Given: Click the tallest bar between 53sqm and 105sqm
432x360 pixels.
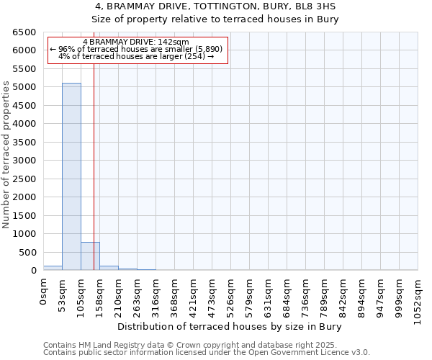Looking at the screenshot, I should (x=71, y=176).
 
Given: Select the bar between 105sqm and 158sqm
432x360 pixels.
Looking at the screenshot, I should (x=90, y=256).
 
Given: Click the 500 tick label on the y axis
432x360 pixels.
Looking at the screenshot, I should (x=27, y=252).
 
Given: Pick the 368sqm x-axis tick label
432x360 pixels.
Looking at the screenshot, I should (x=175, y=295).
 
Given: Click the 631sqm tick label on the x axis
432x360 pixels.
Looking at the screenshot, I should (x=269, y=295).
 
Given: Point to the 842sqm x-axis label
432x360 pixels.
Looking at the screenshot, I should (x=343, y=295).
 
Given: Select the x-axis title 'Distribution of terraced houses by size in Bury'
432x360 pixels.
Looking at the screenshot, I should (x=230, y=327).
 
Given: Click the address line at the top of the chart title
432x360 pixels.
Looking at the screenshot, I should (x=215, y=6).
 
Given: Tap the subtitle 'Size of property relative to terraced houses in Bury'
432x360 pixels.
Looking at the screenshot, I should (x=215, y=19).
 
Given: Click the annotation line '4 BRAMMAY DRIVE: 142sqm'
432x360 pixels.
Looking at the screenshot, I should (x=136, y=42).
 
